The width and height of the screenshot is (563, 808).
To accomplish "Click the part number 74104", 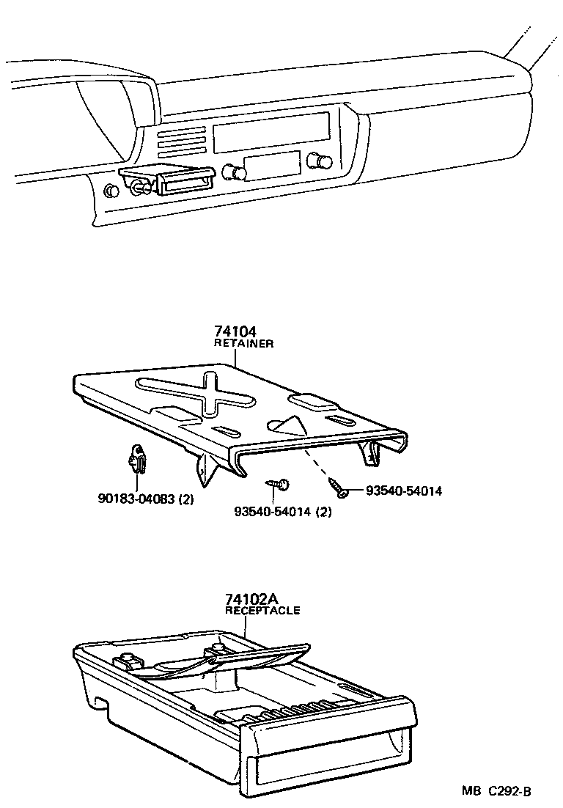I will (x=236, y=332).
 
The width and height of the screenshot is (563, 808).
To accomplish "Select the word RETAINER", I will (x=243, y=343).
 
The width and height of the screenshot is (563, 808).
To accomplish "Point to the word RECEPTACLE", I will (x=262, y=610).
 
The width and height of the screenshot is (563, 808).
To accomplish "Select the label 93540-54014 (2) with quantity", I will (x=283, y=512).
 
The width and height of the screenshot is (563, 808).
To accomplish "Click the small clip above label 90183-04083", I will (x=134, y=460).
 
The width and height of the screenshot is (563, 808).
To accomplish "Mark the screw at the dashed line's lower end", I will (x=337, y=487).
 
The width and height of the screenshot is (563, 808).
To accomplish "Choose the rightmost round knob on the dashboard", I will (x=318, y=161).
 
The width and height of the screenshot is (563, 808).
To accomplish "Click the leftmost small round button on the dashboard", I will (x=111, y=191).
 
